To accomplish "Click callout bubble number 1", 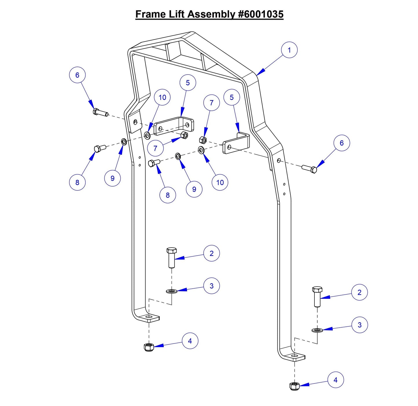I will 289,50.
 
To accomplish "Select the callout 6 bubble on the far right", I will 342,143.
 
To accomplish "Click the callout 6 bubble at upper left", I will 77,75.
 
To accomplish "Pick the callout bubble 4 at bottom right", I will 336,380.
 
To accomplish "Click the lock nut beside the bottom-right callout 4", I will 294,386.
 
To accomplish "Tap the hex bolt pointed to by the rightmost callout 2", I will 317,296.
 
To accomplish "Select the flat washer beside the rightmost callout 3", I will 317,330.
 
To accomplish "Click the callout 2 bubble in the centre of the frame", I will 211,253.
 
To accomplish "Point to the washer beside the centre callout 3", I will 172,291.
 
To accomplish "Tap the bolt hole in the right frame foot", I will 294,355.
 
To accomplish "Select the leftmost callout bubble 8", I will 77,182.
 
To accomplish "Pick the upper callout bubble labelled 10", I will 162,97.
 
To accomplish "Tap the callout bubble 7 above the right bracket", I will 211,103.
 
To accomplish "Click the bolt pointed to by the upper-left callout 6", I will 100,112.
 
